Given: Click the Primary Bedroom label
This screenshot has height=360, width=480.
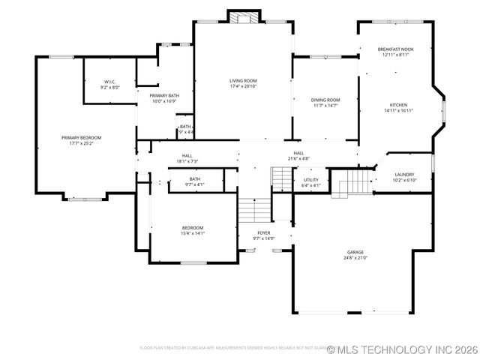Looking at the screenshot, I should click(x=81, y=140).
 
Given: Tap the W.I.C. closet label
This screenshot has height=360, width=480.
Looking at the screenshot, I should click(x=109, y=84).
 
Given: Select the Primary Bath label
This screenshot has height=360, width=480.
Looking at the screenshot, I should click(x=163, y=98).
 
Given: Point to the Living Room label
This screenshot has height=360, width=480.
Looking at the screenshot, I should click(x=243, y=82).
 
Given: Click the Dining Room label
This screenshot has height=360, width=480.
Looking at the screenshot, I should click(x=325, y=103).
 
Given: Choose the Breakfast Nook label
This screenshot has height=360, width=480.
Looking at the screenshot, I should click(x=395, y=52).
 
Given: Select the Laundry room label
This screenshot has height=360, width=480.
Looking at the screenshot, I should click(x=404, y=177).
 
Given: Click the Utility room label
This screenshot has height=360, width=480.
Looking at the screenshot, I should click(x=310, y=182).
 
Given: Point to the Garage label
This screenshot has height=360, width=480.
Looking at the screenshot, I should click(x=355, y=254).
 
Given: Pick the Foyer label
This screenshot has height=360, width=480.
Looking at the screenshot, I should click(x=263, y=235).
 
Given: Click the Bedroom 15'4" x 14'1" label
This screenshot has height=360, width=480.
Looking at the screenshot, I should click(x=192, y=230).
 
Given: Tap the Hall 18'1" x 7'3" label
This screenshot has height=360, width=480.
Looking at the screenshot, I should click(x=187, y=158).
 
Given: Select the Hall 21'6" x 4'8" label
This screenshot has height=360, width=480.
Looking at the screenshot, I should click(x=298, y=155).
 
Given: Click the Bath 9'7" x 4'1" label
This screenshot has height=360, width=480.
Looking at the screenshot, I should click(x=194, y=181).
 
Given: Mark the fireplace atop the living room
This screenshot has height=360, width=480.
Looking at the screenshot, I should click(x=243, y=17).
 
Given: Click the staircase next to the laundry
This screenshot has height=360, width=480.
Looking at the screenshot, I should click(x=352, y=183).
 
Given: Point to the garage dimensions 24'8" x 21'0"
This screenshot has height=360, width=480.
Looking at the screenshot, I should click(x=355, y=258).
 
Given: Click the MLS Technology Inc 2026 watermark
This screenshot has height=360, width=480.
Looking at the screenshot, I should click(x=403, y=349).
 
